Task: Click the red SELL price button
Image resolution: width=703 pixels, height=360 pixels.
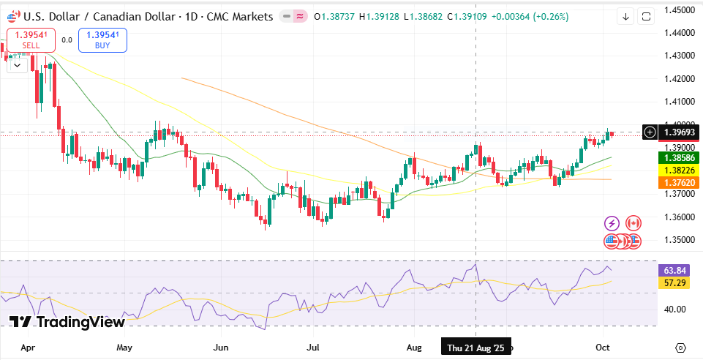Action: pyautogui.click(x=31, y=40)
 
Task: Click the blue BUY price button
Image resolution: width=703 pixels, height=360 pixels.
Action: pyautogui.click(x=102, y=40)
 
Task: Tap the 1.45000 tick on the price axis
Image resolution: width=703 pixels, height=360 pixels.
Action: pyautogui.click(x=679, y=10)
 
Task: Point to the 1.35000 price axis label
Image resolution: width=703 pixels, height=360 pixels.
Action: pyautogui.click(x=679, y=240)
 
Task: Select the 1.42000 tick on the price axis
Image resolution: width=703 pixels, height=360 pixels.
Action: pyautogui.click(x=679, y=79)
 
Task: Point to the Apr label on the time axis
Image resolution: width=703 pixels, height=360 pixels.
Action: pyautogui.click(x=28, y=348)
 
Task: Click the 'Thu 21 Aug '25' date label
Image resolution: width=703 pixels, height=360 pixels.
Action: pyautogui.click(x=476, y=348)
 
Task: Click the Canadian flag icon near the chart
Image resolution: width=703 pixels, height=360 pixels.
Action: pyautogui.click(x=633, y=222)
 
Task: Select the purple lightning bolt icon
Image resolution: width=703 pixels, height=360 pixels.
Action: pyautogui.click(x=612, y=222)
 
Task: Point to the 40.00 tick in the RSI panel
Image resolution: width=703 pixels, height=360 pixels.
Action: pyautogui.click(x=675, y=310)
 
